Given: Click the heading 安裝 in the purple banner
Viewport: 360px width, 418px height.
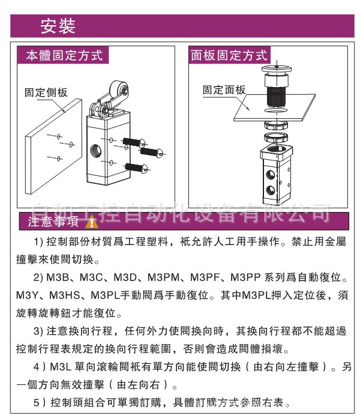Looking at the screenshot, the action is (x=58, y=26).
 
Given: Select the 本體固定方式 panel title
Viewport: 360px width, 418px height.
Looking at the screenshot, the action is (x=64, y=55).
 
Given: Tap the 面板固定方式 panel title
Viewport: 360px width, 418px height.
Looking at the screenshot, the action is (x=229, y=55).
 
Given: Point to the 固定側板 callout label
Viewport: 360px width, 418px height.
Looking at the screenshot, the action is (x=46, y=92).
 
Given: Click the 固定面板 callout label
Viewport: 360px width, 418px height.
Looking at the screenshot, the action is (x=224, y=90).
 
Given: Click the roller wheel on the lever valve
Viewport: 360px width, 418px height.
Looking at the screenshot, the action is (x=119, y=89).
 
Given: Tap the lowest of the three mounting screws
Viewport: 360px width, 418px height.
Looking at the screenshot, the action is (x=136, y=168).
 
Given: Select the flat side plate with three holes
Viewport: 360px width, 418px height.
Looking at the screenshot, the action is (x=53, y=146).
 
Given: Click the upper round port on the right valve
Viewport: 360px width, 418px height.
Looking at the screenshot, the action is (x=271, y=175).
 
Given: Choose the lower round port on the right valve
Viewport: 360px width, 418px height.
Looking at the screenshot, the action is (x=271, y=190).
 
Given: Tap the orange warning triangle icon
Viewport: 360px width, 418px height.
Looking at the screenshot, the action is (x=92, y=223).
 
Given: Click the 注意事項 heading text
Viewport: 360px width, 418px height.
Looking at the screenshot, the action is (x=53, y=221).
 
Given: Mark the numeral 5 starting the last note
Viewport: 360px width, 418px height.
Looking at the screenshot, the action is (x=36, y=402).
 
